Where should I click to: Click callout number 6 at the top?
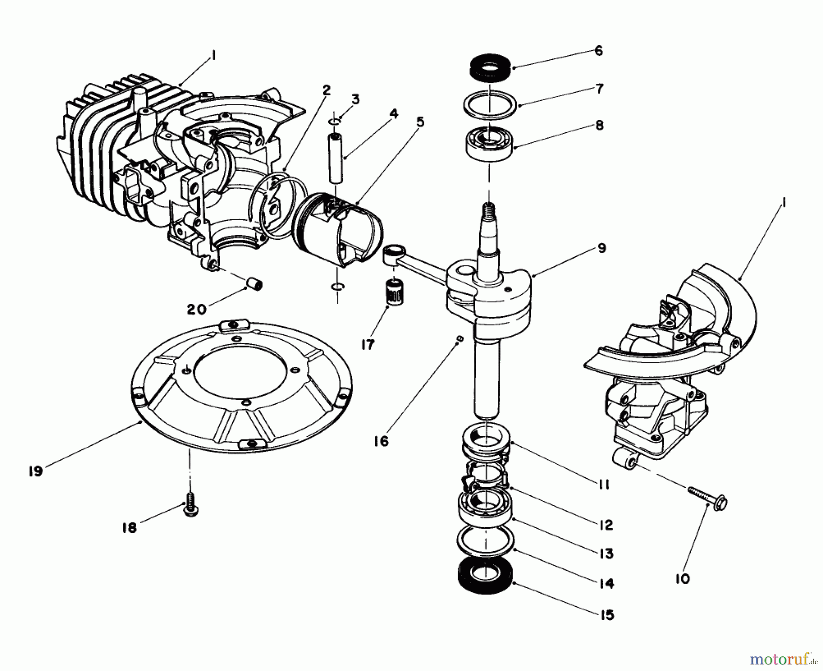click(599, 51)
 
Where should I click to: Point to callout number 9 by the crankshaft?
click(602, 249)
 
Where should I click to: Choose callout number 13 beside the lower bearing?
click(606, 553)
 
